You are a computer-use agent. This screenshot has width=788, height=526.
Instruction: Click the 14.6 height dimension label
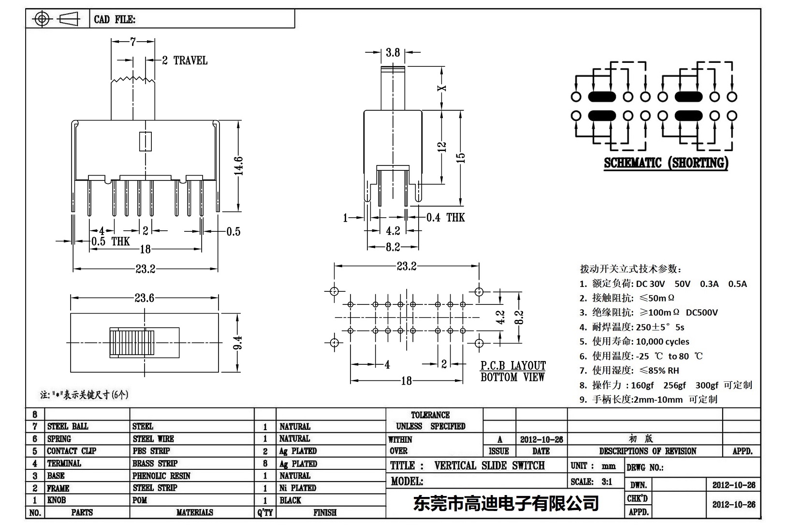pos(240,165)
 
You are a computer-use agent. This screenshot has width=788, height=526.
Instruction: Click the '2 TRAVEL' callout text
pos(185,60)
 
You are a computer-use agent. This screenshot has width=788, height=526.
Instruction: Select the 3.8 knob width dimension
pos(393,52)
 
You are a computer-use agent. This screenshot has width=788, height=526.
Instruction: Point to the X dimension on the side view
pos(441,88)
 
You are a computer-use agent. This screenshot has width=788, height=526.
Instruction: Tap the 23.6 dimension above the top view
pos(144,298)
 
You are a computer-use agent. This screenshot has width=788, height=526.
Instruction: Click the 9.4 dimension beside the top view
pos(238,343)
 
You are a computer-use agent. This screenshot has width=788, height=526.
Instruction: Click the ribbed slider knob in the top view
pos(132,343)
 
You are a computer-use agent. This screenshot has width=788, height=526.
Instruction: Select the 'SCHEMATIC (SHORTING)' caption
pos(666,163)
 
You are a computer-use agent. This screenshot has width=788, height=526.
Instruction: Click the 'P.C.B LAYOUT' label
pos(513,366)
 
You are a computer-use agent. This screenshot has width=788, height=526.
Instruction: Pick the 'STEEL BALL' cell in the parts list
pos(68,426)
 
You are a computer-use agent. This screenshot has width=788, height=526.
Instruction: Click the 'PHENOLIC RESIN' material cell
pos(161,476)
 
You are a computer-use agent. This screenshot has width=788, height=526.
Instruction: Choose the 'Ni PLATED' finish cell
pos(297,488)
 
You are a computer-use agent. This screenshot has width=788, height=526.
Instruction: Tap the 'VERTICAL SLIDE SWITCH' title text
pos(489,466)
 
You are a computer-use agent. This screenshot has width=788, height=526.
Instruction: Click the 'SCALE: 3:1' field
pos(591,481)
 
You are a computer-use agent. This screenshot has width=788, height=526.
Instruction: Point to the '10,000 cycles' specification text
pos(662,342)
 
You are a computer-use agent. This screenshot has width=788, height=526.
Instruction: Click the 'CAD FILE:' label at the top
pos(115,19)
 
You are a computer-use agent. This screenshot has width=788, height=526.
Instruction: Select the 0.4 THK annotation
pos(445,218)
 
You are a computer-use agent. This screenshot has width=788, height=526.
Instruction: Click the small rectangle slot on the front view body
pos(145,141)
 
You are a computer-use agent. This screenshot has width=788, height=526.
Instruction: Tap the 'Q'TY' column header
pos(265,512)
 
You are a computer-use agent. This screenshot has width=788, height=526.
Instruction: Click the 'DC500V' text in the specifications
pos(701,313)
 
